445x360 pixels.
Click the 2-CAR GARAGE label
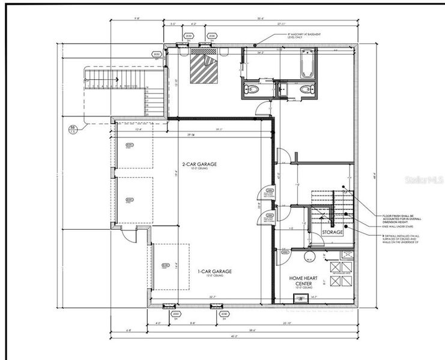coord(199,164)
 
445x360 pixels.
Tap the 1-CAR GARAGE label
coord(214,271)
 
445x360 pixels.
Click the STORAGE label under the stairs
coord(332,232)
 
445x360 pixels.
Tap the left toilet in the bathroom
coord(252,89)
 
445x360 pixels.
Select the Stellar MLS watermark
coord(423,179)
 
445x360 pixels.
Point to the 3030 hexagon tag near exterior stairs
coord(157,54)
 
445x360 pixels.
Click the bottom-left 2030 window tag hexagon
coord(176,314)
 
